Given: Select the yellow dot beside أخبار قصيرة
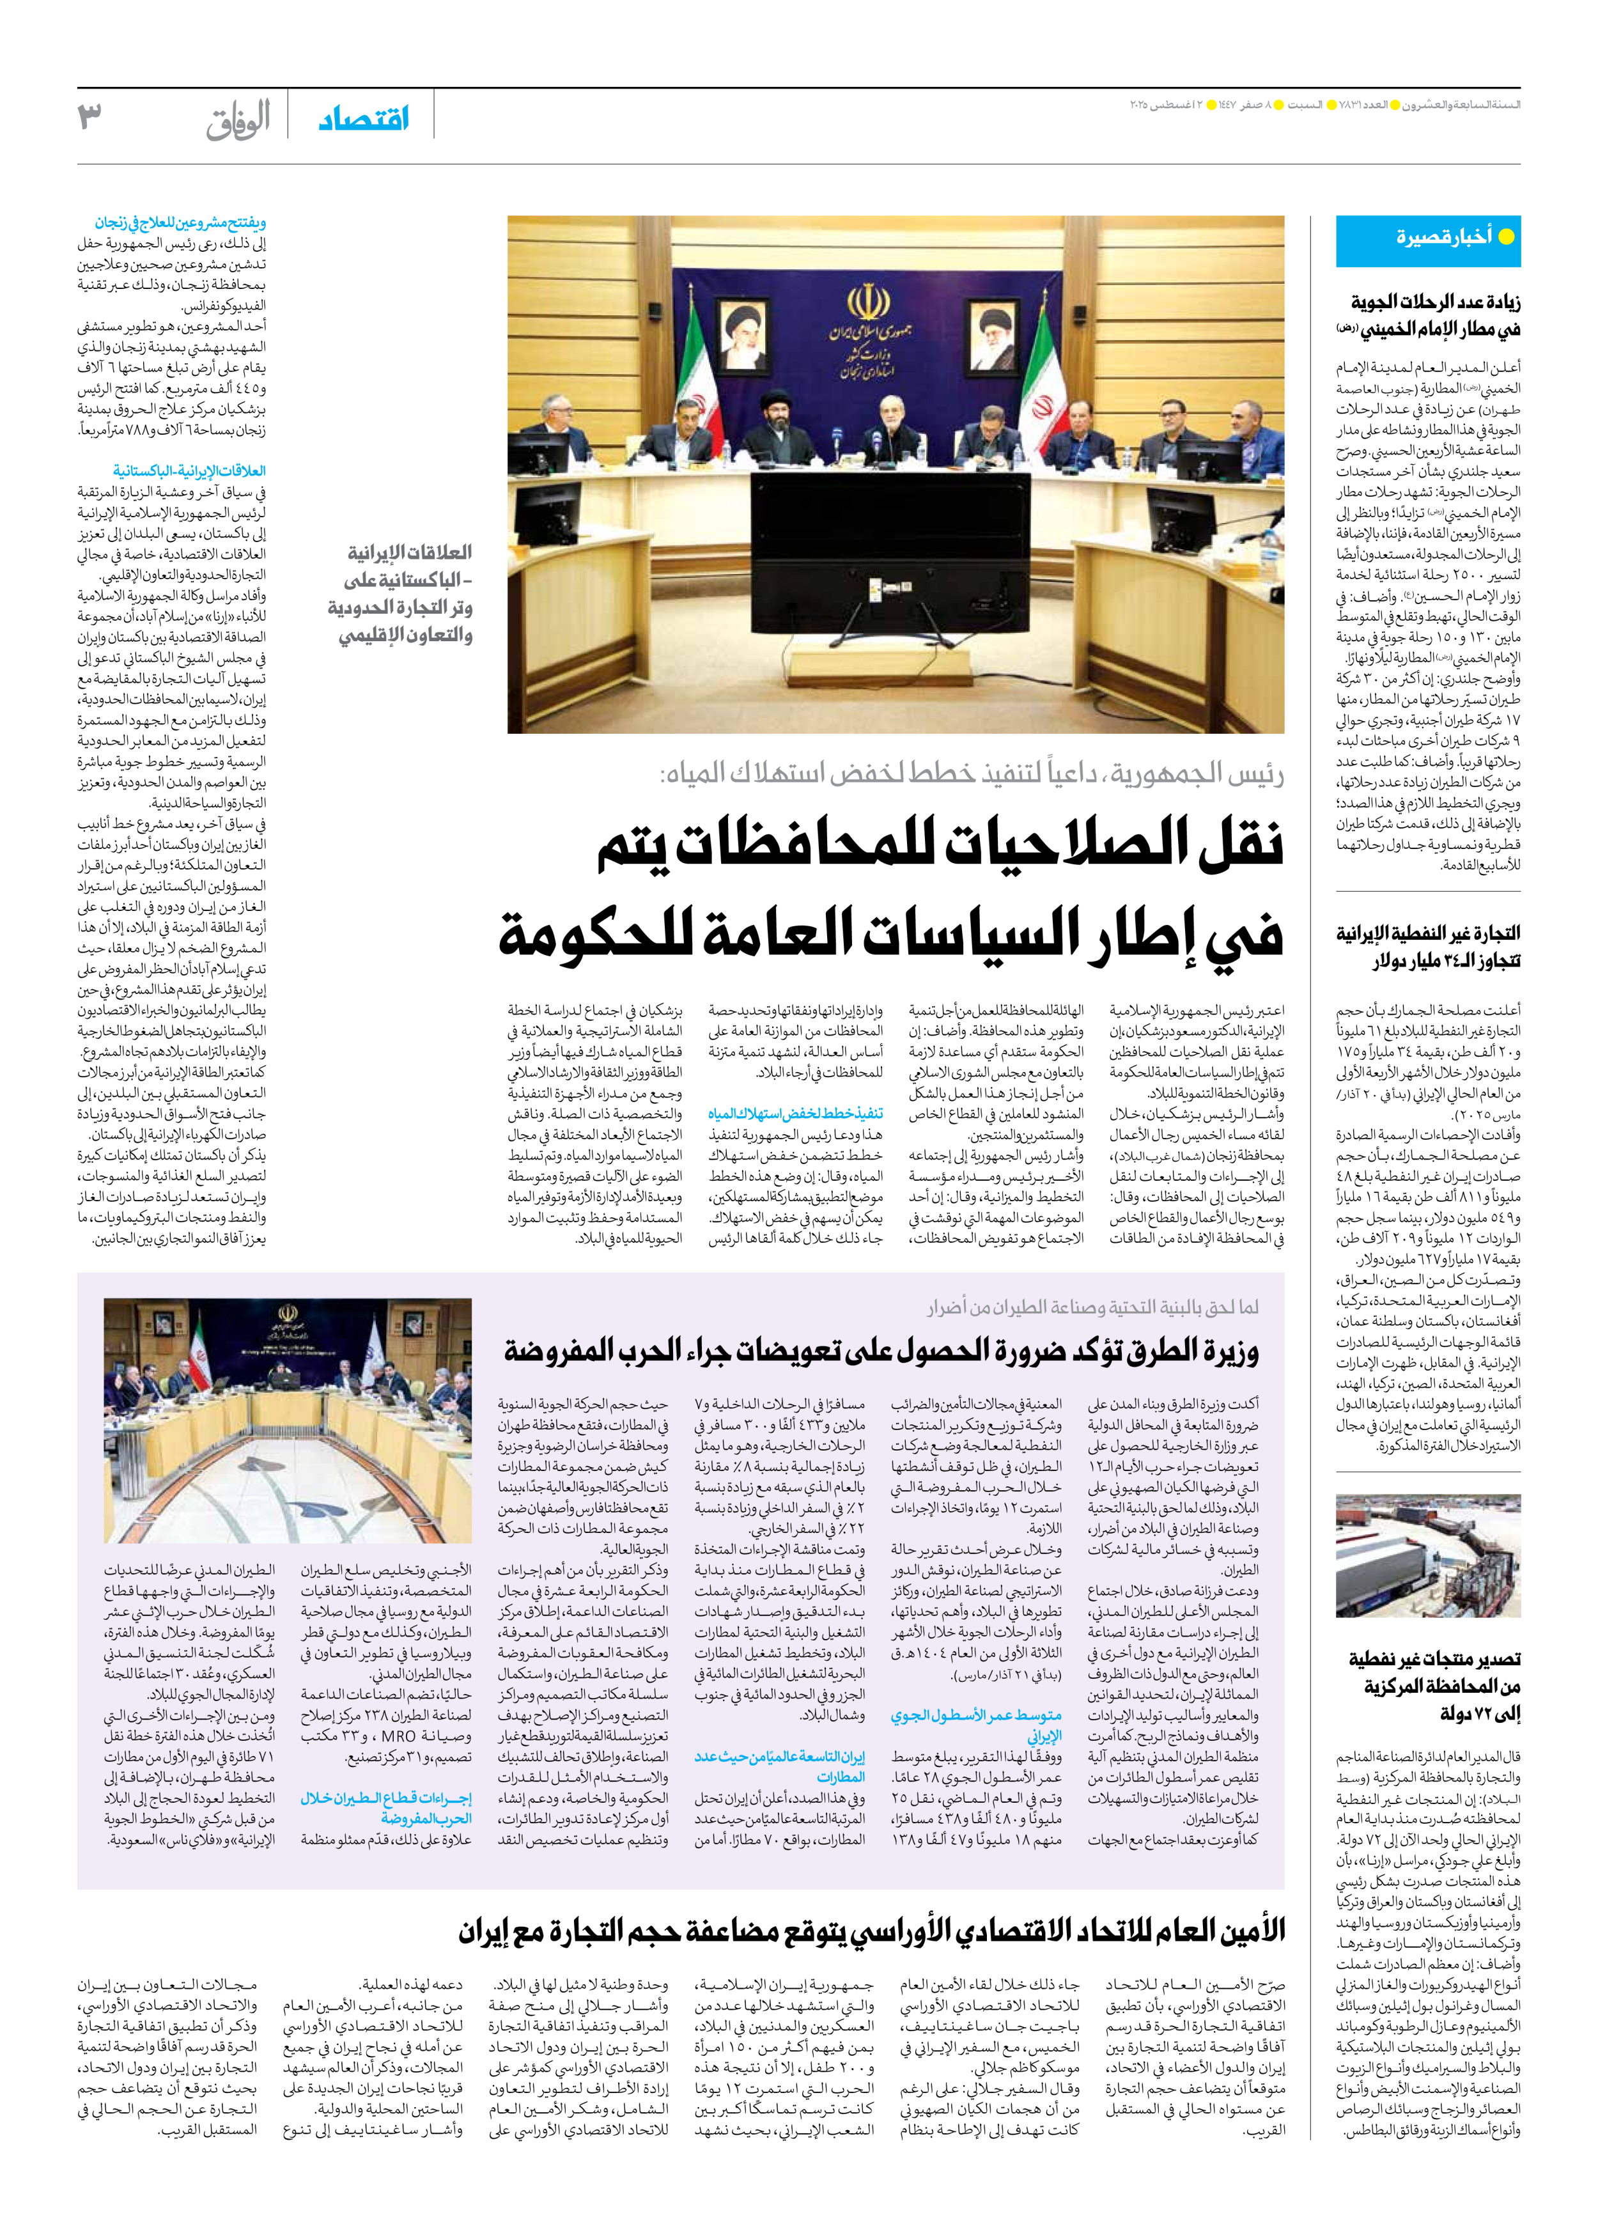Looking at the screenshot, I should (1506, 237).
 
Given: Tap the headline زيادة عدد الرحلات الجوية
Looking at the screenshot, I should (1435, 302).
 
